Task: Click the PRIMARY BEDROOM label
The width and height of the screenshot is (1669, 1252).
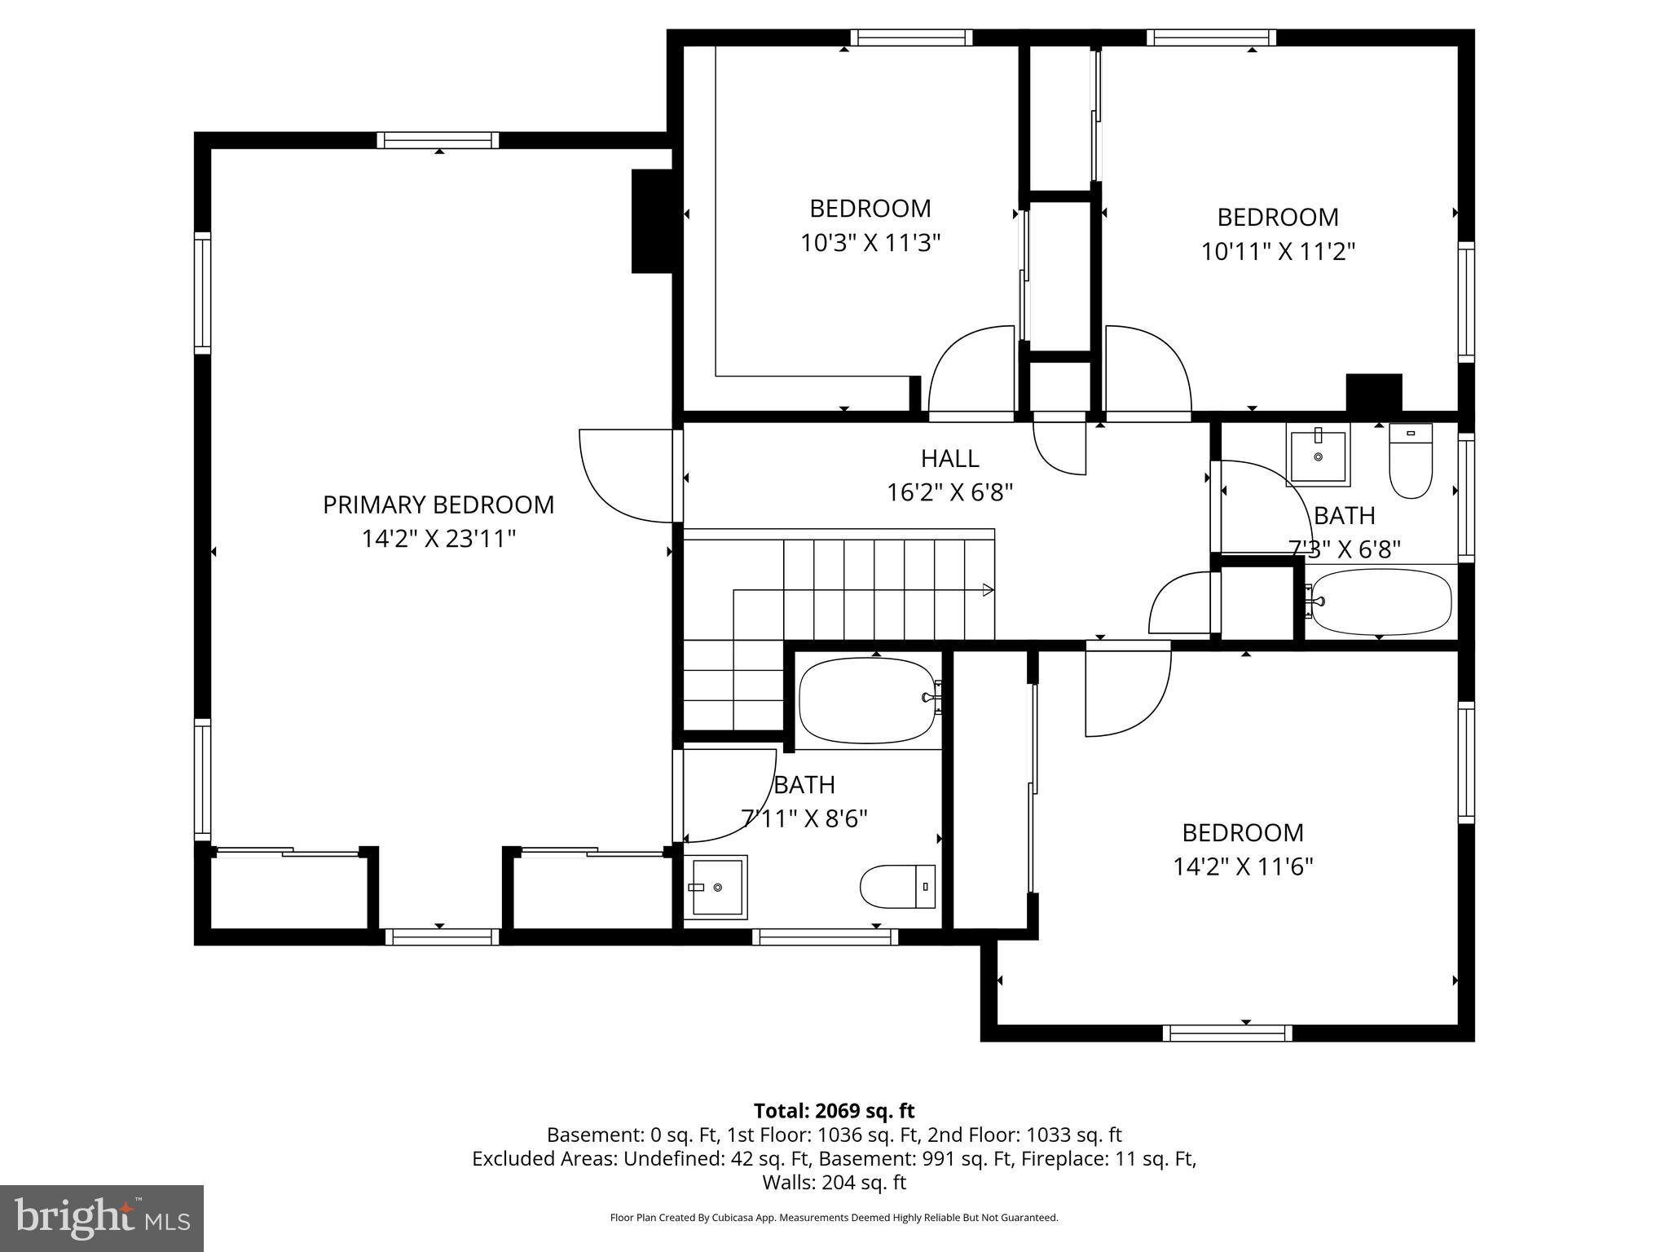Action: [438, 505]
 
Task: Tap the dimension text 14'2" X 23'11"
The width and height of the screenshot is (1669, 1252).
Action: [438, 539]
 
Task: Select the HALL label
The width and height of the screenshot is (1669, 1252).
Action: [949, 459]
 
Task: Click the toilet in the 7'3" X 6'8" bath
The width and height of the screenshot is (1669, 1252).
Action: [1411, 461]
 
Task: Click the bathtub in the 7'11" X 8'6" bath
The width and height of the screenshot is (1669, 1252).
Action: [868, 700]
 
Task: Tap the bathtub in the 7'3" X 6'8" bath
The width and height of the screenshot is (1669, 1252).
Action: [1381, 602]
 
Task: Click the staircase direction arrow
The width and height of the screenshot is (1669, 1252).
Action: [987, 589]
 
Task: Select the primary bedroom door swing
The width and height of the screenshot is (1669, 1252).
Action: [624, 476]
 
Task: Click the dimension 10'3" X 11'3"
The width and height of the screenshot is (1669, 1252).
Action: [870, 243]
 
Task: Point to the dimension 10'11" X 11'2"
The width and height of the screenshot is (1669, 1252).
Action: [1278, 251]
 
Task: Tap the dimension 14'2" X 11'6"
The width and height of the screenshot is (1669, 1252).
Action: [1243, 866]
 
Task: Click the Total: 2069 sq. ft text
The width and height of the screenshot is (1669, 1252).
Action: [834, 1111]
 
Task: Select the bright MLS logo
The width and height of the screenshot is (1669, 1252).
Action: [102, 1218]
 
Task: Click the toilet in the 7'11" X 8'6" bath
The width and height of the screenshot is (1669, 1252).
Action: [897, 886]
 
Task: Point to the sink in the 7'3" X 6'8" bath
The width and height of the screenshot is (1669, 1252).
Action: [1318, 455]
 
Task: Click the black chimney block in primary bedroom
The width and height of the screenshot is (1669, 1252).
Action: [651, 221]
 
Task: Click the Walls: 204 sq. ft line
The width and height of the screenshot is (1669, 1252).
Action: [834, 1182]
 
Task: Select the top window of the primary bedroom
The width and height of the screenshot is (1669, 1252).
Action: [438, 140]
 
